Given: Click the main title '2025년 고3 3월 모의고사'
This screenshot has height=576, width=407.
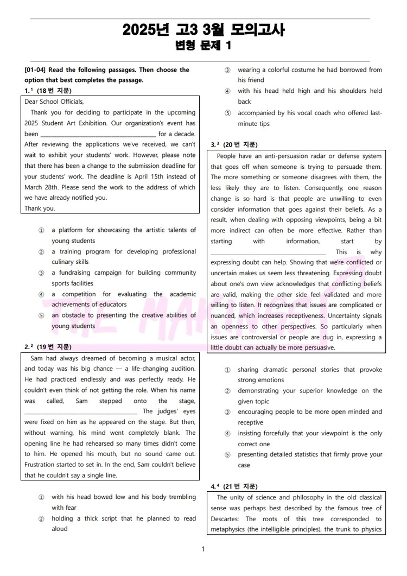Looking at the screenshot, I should (203, 30).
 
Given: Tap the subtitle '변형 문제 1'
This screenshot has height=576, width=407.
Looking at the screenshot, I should (203, 46).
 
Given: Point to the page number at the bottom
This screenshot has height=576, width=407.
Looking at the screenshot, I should (203, 549).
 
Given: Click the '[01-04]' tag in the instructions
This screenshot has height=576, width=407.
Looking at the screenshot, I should (35, 69).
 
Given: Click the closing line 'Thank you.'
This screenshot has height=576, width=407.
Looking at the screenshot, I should (40, 208).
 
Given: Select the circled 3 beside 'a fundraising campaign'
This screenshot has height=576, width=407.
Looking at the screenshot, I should (41, 273).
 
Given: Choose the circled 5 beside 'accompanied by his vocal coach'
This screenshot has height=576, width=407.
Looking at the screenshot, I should (227, 113).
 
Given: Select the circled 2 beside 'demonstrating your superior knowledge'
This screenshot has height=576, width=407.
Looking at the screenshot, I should (227, 391).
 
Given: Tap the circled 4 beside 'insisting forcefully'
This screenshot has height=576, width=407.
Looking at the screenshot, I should (227, 433).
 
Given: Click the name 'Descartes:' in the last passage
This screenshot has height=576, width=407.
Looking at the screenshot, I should (226, 518).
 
